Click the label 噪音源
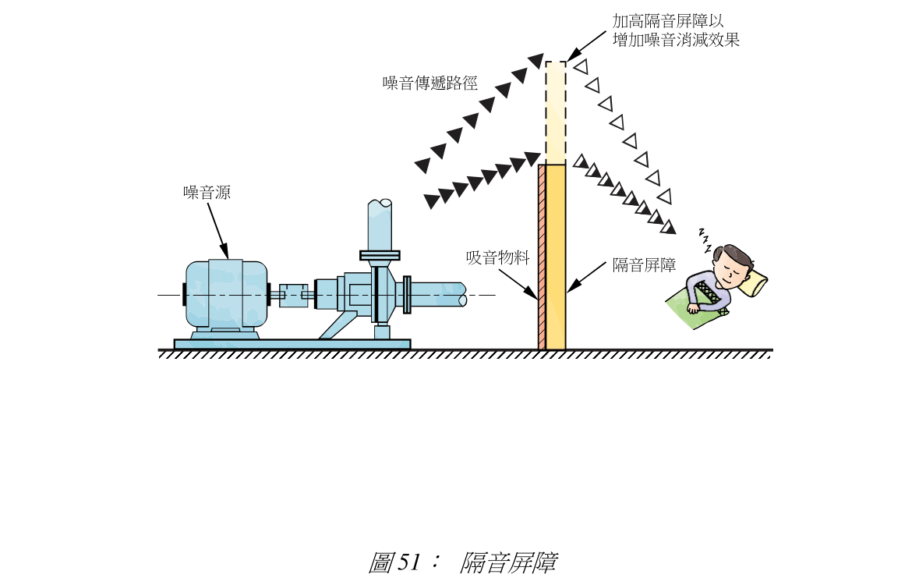click(207, 193)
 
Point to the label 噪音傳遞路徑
click(429, 83)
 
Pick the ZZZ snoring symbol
click(705, 241)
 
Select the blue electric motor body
click(225, 294)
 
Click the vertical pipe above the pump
click(380, 226)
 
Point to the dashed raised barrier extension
click(555, 112)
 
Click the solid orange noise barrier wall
click(555, 257)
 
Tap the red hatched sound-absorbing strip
click(541, 257)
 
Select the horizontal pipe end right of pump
click(440, 295)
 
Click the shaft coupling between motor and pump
click(292, 295)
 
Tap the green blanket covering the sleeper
click(698, 308)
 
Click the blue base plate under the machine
click(292, 344)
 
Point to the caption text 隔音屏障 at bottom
click(507, 562)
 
